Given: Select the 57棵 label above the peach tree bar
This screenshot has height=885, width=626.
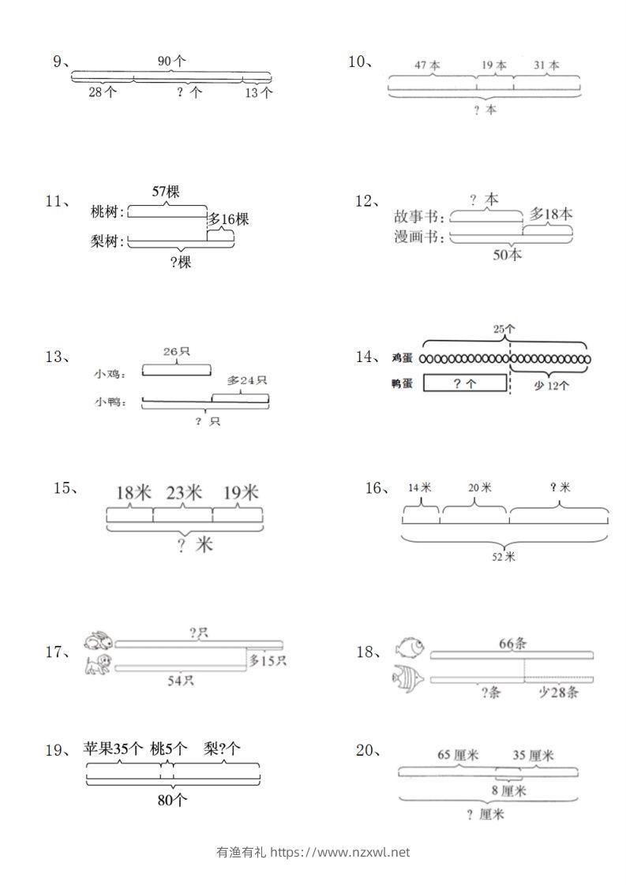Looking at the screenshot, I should point(166,192).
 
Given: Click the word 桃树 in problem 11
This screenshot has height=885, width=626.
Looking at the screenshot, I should point(107,212).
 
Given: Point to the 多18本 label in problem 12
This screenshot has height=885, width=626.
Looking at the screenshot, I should point(551,214).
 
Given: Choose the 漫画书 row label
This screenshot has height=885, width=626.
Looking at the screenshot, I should point(418,237).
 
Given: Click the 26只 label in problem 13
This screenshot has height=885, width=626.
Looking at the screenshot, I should point(176,352).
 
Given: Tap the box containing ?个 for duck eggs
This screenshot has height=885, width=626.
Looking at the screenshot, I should point(465,383).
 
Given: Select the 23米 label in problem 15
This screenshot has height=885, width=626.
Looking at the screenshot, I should point(183,493).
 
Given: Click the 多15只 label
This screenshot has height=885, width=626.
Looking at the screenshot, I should point(268,660).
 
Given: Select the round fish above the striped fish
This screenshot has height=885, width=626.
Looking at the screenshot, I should point(410,648).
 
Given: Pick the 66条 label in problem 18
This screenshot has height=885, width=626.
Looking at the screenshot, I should point(512,643).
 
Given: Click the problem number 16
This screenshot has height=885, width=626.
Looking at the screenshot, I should point(374,488).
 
